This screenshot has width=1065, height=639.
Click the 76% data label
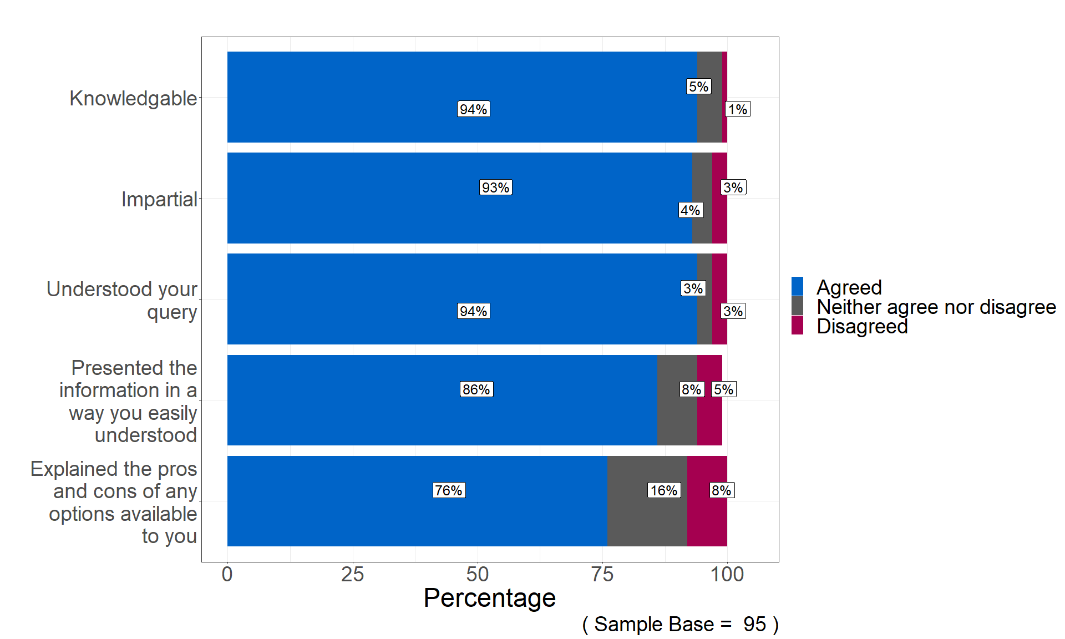(448, 490)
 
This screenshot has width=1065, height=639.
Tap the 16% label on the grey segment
(663, 490)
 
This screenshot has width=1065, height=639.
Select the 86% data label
(476, 389)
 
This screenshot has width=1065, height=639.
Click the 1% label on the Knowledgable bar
(737, 109)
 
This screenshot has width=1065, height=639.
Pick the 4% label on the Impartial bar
(690, 210)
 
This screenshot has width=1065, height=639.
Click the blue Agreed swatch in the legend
(797, 287)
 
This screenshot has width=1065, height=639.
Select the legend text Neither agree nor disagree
(936, 307)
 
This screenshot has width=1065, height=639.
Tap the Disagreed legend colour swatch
(797, 326)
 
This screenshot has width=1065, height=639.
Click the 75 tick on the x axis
(602, 575)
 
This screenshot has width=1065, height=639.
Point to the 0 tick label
(227, 575)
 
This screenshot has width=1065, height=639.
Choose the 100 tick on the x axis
(727, 575)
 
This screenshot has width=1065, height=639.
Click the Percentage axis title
(489, 598)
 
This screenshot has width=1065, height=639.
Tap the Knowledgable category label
(133, 98)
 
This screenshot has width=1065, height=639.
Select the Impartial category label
(159, 199)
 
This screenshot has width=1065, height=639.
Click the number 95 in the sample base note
(754, 625)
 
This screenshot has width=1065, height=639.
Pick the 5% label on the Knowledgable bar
(698, 87)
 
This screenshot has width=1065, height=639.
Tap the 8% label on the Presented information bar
(691, 389)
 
